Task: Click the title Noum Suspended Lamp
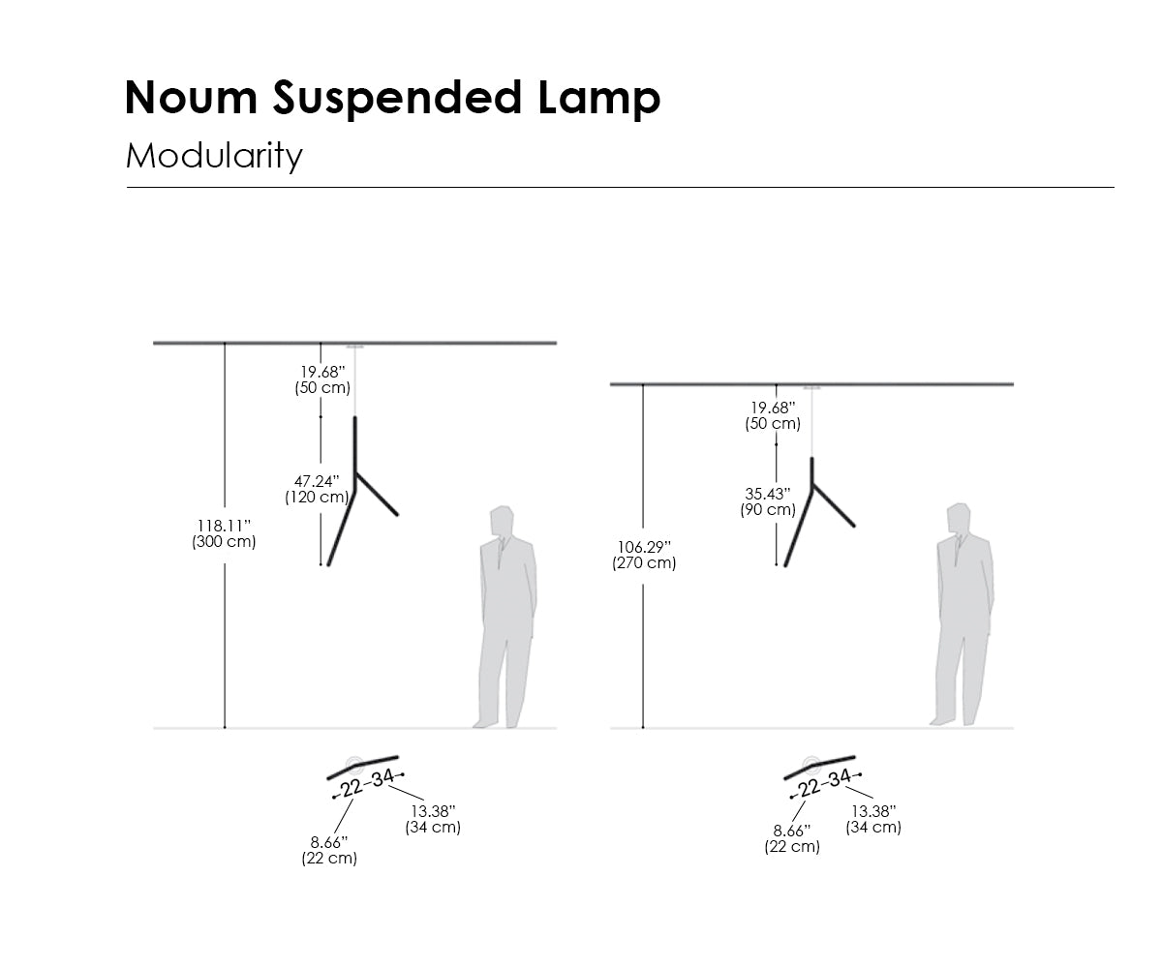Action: coord(392,98)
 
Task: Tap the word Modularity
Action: coord(214,155)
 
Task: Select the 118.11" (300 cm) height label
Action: coord(224,533)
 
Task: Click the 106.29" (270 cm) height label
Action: coord(644,555)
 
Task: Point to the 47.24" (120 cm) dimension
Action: coord(317,489)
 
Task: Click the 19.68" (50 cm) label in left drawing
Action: coord(321,379)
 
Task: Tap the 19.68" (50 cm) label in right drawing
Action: coord(773,415)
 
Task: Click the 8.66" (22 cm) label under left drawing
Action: coord(329,850)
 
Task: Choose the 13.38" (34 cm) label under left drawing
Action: coord(433,819)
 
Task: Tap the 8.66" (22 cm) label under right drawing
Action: coord(792,838)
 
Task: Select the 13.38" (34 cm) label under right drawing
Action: coord(873,819)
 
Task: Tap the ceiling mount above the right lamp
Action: coord(811,388)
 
